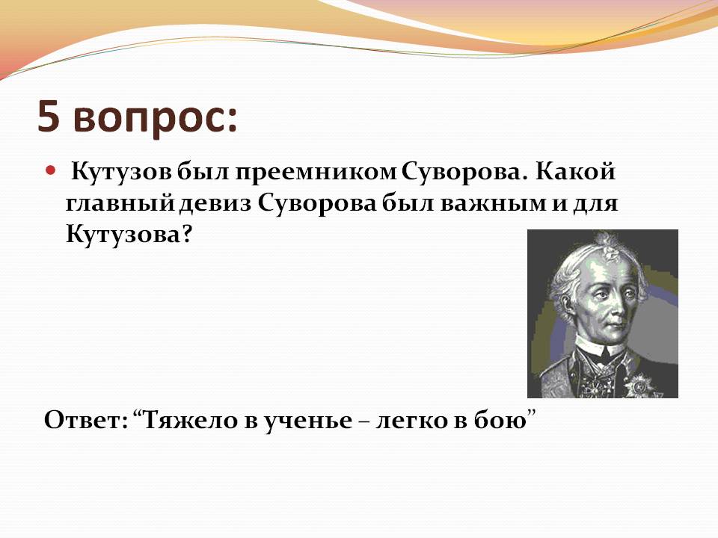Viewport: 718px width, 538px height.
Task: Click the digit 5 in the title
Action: point(49,117)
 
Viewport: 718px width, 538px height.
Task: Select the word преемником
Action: point(316,173)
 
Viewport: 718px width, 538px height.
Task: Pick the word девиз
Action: point(215,203)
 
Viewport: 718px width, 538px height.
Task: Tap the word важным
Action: point(494,204)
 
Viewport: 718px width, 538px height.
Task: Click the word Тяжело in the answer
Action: point(188,420)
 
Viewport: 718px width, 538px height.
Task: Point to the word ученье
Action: point(307,421)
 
